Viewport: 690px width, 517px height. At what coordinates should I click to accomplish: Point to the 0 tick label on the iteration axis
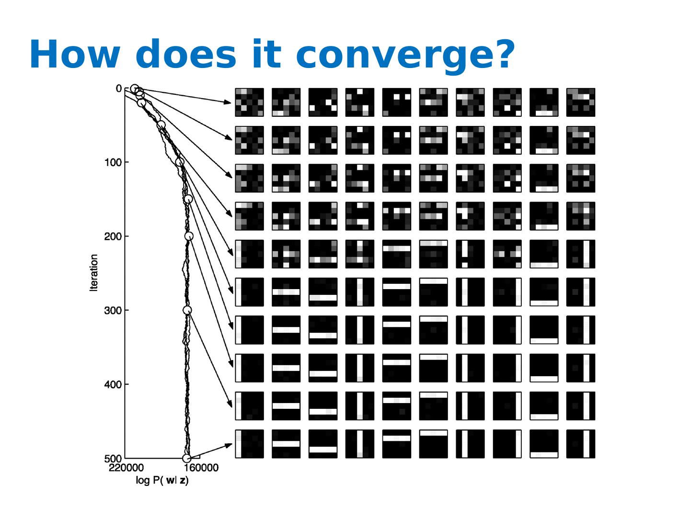119,89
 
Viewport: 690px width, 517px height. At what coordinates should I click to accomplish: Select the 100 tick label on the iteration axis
112,163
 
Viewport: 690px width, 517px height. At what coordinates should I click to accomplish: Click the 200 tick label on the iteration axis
112,236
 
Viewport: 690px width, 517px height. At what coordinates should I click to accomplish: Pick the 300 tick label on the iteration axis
112,311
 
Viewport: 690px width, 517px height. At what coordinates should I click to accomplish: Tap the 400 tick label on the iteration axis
112,384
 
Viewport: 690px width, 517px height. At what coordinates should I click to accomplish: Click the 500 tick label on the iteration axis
112,459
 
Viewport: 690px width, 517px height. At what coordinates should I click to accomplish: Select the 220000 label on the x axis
126,468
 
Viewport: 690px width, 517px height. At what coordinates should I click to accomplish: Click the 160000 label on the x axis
201,468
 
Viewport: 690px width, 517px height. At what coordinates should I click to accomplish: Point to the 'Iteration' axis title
93,273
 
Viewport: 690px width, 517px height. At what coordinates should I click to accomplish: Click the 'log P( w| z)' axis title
162,481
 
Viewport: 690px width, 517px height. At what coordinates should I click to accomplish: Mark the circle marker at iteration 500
187,459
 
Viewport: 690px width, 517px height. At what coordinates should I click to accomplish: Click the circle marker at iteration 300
187,311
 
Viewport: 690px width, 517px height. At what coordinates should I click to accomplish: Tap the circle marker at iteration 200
189,236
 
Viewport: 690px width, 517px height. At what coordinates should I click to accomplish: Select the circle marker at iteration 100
180,162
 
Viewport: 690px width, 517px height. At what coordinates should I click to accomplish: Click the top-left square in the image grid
249,102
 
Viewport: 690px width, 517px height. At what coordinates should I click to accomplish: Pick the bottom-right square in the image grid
581,444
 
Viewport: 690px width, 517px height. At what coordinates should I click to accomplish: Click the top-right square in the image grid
581,102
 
